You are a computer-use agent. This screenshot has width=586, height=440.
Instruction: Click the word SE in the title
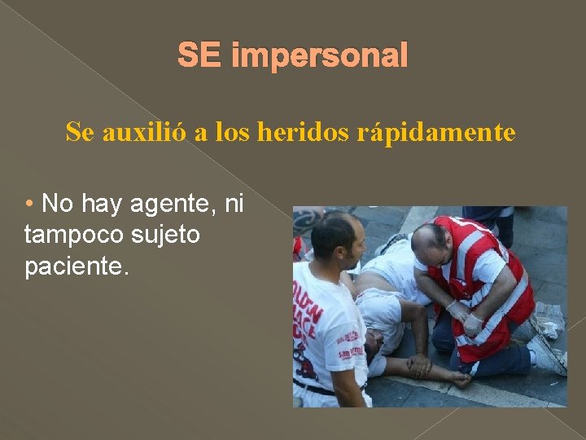pyautogui.click(x=199, y=56)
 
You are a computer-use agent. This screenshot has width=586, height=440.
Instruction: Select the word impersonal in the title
pyautogui.click(x=319, y=56)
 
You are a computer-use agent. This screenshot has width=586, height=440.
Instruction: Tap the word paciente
pyautogui.click(x=77, y=266)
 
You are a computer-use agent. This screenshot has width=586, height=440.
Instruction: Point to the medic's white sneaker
pyautogui.click(x=546, y=354)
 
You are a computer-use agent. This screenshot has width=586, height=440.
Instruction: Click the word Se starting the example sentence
pyautogui.click(x=79, y=132)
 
